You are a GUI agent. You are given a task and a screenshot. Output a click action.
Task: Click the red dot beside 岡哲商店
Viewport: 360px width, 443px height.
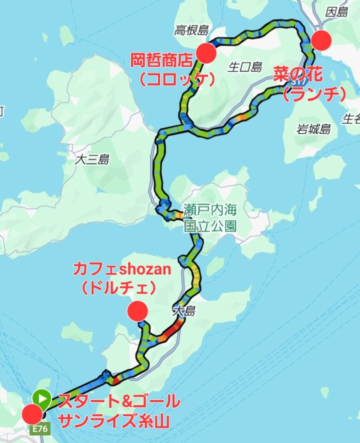206,52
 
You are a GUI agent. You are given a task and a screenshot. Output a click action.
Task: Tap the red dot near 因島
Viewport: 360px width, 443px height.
322,40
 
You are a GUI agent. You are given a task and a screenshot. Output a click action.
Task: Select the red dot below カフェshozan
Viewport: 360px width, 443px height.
137,311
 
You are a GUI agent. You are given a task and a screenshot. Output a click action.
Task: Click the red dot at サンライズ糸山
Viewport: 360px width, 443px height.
32,414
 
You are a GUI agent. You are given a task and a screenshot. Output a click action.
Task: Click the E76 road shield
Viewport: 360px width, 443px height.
40,429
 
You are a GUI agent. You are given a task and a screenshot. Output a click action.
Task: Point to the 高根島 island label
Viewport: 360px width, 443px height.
190,31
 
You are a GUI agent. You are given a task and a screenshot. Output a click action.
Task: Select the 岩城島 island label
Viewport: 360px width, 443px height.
314,129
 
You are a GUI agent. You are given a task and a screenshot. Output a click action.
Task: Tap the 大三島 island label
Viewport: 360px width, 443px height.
91,159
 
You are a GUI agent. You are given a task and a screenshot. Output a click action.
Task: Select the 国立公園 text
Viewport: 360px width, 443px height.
210,225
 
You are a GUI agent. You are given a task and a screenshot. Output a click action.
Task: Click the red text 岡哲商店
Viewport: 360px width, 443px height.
161,61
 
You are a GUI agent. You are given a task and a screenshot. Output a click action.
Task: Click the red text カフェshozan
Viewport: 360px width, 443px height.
121,270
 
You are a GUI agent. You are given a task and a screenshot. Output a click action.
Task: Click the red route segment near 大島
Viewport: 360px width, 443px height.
171,329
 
